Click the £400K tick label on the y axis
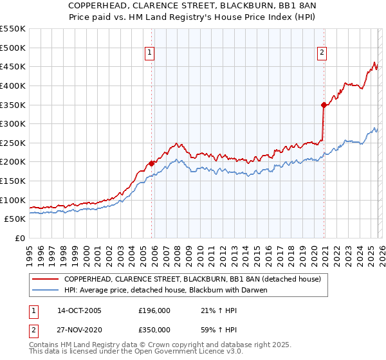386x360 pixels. click(x=13, y=85)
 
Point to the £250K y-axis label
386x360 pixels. click(x=13, y=143)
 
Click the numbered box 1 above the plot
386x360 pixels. click(x=150, y=53)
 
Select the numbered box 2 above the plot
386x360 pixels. click(x=321, y=53)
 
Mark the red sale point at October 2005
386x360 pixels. click(x=152, y=163)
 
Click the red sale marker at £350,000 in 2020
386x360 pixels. click(x=324, y=105)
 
